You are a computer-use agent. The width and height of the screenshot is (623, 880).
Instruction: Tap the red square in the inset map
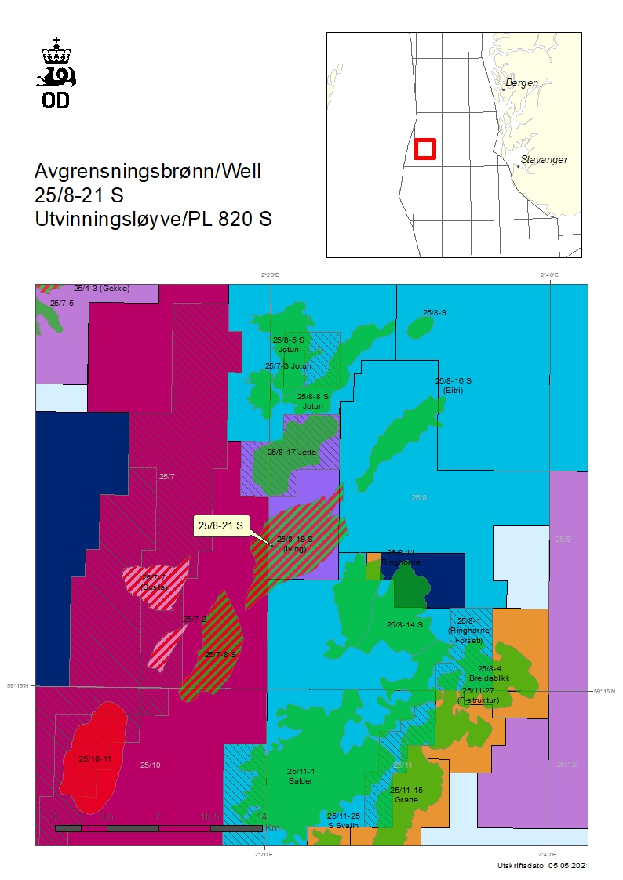[424, 148]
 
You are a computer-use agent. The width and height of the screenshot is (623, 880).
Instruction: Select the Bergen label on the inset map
[522, 82]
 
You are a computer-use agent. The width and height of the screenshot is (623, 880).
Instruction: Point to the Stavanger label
[543, 160]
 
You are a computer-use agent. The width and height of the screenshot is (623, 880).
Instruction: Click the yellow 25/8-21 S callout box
[220, 525]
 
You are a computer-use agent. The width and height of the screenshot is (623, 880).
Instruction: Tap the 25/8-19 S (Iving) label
[295, 544]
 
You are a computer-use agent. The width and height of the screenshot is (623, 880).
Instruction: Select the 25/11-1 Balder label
[301, 776]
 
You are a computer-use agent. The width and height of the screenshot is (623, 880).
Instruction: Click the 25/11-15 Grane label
[406, 795]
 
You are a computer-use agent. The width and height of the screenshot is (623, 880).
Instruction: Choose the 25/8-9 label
[435, 313]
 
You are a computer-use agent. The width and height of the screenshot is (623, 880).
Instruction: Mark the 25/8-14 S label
[405, 625]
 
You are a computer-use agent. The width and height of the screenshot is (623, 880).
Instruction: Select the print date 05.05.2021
[564, 865]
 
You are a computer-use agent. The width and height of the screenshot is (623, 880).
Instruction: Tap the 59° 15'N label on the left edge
[18, 686]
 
